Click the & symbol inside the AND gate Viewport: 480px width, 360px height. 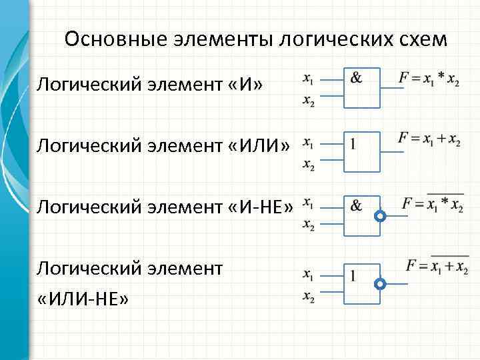coord(357,78)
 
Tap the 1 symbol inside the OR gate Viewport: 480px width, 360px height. coord(353,143)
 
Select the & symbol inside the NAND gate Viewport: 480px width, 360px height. coord(357,206)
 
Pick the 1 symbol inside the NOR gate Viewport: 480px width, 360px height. coord(353,274)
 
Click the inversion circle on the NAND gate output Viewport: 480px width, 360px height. coord(380,217)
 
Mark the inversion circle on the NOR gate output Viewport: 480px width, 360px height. coord(380,284)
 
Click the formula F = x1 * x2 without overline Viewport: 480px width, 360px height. coord(429,79)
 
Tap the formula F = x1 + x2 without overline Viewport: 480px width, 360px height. coord(429,139)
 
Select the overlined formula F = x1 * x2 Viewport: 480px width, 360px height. coord(433,205)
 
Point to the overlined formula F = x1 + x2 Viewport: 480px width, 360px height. coord(437,266)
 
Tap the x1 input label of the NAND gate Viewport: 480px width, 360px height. coord(309,203)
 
